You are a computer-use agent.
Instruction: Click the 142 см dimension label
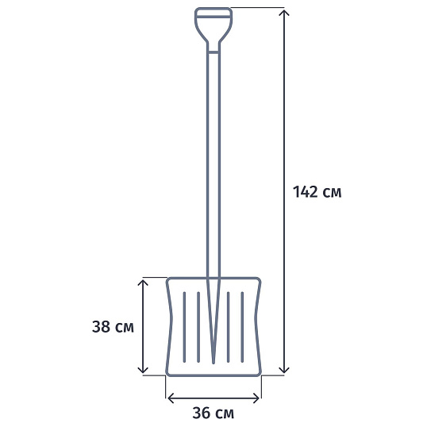click(x=317, y=192)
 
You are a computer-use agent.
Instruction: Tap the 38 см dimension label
click(x=113, y=327)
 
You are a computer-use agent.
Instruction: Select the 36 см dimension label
click(x=213, y=413)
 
